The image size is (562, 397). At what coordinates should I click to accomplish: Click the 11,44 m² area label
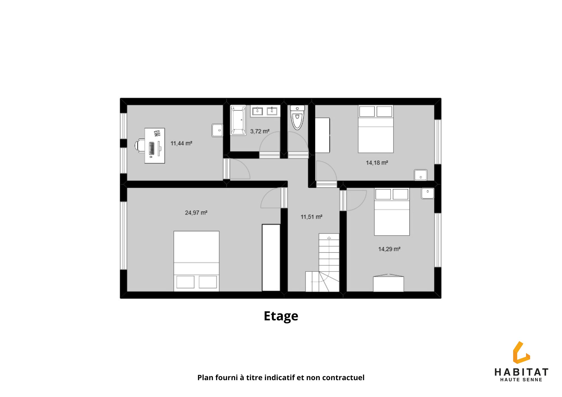click(x=181, y=143)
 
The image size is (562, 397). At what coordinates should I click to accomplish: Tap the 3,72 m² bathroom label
click(x=260, y=131)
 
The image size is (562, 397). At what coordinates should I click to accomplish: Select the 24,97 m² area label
click(x=196, y=213)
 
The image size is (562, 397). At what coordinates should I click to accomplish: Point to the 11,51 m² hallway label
click(x=311, y=217)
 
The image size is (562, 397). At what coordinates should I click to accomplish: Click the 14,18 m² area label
click(x=377, y=163)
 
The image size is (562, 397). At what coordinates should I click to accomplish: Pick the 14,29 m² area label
click(x=389, y=249)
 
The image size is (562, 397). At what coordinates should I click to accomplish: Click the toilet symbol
click(x=297, y=117)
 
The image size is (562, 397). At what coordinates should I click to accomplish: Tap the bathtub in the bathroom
click(x=238, y=120)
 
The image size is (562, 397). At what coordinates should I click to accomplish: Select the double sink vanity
click(x=265, y=111)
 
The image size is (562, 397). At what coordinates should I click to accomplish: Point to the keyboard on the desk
click(x=151, y=148)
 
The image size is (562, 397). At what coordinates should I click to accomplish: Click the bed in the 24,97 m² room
click(x=196, y=261)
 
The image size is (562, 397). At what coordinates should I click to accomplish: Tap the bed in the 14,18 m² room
click(x=376, y=129)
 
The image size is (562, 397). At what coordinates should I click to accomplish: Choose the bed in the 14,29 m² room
click(x=392, y=212)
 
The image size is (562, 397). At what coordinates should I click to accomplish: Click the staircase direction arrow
click(x=329, y=238)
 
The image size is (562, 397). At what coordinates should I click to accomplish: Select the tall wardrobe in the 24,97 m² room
click(x=271, y=258)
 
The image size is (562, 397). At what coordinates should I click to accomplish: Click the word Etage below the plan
click(x=281, y=316)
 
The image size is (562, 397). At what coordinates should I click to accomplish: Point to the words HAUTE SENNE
click(x=521, y=380)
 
